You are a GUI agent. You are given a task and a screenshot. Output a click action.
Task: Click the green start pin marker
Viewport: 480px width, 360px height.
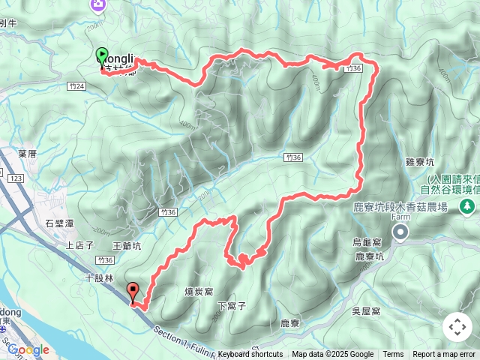pyautogui.click(x=102, y=55)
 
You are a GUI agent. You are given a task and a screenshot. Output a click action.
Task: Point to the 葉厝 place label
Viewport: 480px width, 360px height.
pyautogui.click(x=27, y=153)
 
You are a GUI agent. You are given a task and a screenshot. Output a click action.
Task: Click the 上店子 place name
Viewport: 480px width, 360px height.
pyautogui.click(x=79, y=244)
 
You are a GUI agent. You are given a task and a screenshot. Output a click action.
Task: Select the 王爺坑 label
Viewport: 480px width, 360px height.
pyautogui.click(x=126, y=245)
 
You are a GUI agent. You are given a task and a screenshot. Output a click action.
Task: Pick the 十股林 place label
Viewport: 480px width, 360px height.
pyautogui.click(x=99, y=277)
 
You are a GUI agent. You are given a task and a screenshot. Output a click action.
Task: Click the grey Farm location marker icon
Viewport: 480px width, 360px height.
pyautogui.click(x=401, y=233)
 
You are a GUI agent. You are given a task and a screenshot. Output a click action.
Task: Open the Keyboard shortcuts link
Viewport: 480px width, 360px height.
pyautogui.click(x=250, y=355)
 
